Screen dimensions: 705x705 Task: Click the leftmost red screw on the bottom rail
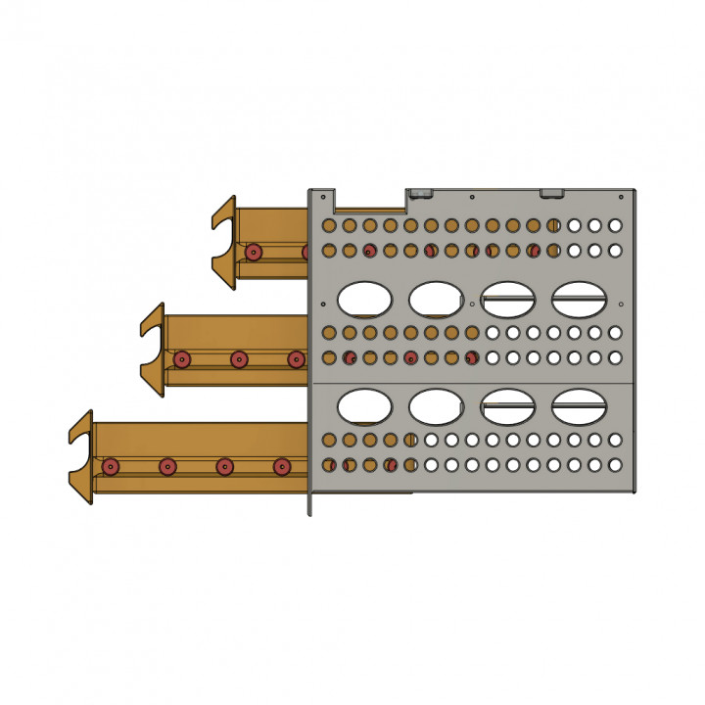click(x=111, y=466)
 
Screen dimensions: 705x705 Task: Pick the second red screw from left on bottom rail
click(x=167, y=467)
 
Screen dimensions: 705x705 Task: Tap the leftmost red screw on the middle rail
click(x=181, y=359)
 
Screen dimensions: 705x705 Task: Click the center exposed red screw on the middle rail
click(x=239, y=359)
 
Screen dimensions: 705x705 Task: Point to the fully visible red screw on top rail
click(x=254, y=252)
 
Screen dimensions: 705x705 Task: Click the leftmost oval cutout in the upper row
click(x=364, y=299)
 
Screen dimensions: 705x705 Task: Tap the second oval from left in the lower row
click(x=436, y=404)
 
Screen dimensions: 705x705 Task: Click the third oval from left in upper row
click(x=507, y=299)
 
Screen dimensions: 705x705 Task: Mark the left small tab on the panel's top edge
click(x=421, y=193)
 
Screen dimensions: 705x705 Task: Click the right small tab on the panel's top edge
click(x=551, y=193)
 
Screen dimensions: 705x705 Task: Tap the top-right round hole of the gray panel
click(x=615, y=225)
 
